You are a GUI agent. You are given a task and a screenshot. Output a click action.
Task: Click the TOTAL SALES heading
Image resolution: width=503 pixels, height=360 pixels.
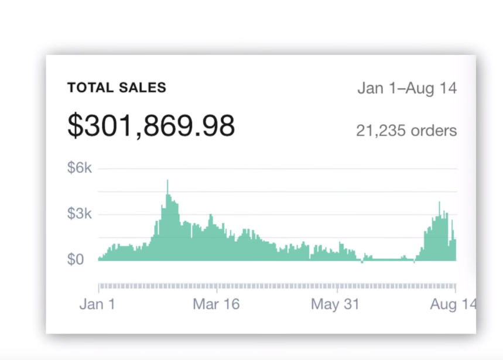point(117,88)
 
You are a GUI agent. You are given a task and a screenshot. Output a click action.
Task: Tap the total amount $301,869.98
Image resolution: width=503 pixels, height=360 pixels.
point(151,125)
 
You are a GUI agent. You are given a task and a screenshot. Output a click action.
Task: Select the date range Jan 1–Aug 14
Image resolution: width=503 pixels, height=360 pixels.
point(407,88)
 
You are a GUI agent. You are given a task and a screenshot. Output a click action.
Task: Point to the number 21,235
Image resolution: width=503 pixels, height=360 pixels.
point(381,131)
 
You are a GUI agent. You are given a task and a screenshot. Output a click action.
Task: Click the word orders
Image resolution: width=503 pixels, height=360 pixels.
point(433,131)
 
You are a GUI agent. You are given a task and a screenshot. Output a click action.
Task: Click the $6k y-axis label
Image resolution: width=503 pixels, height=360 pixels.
point(80,169)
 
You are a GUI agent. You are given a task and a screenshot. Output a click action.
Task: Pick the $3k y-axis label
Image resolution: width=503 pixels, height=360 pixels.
point(80,214)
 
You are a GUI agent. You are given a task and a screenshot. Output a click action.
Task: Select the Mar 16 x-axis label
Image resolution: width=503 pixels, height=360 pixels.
point(216,304)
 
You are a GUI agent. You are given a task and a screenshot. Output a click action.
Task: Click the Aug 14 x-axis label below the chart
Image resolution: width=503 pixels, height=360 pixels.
point(453,304)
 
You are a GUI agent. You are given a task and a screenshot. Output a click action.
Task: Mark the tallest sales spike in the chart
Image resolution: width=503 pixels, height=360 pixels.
point(167,181)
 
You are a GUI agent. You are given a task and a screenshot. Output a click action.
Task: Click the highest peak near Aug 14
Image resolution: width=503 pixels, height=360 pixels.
point(439,203)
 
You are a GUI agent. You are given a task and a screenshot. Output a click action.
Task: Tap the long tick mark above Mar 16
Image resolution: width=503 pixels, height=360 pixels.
point(217,287)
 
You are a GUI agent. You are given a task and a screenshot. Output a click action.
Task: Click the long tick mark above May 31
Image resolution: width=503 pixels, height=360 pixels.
point(337,287)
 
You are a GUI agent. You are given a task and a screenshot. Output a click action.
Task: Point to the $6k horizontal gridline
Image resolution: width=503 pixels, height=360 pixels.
point(275,169)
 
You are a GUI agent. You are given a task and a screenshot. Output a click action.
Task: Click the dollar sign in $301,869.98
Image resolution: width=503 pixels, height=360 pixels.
point(74,125)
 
